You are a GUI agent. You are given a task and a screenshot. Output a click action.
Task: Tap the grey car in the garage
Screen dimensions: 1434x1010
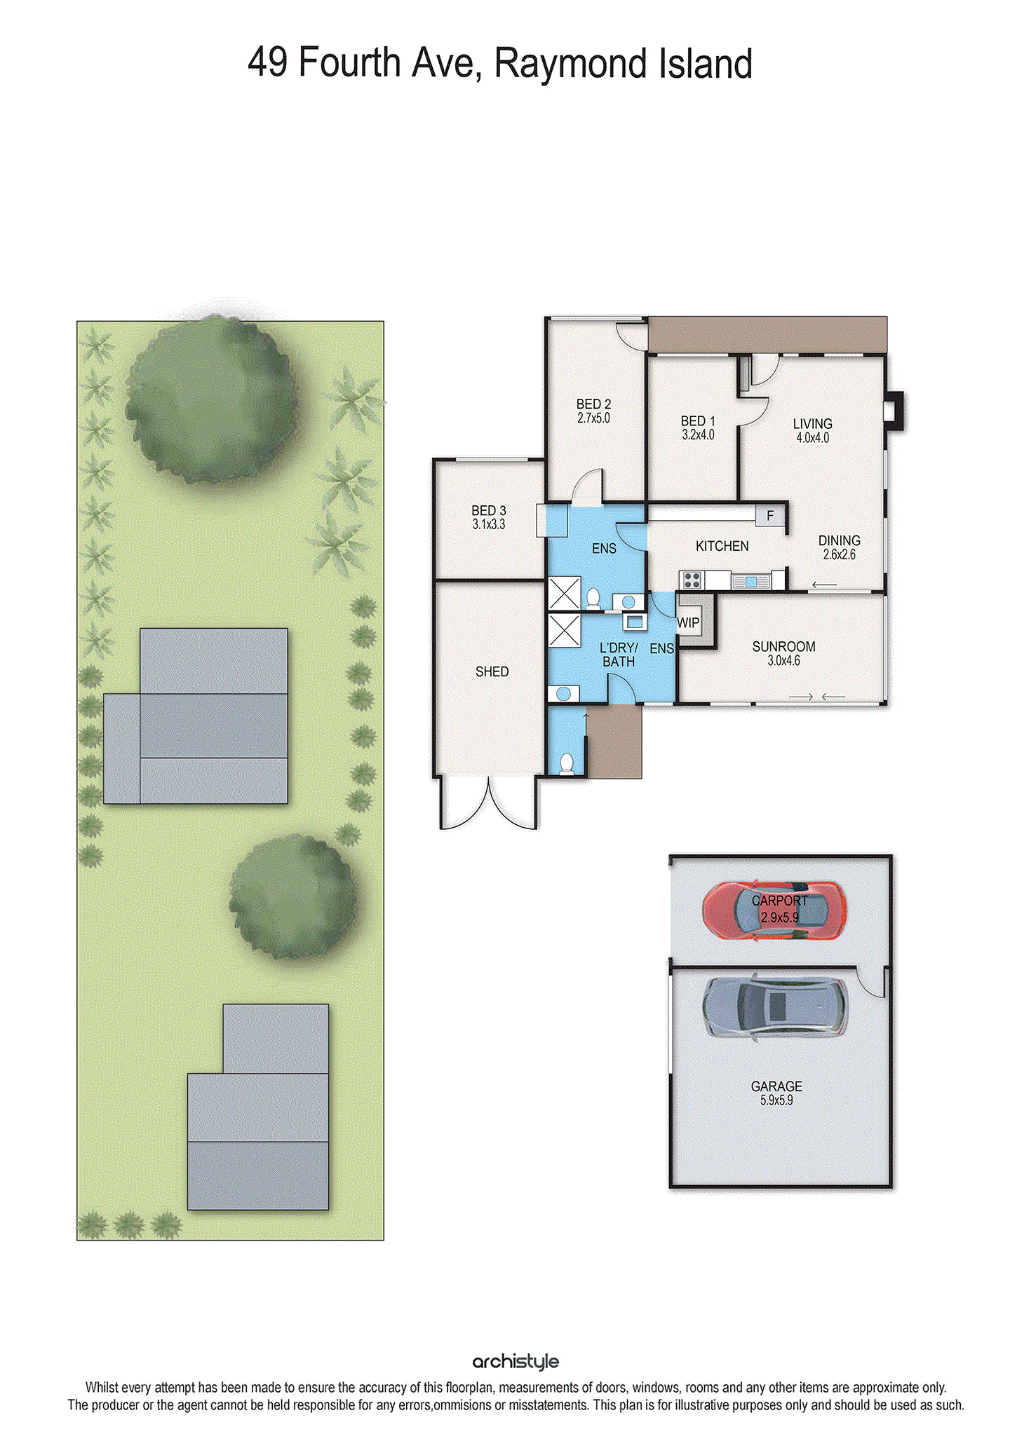point(774,1008)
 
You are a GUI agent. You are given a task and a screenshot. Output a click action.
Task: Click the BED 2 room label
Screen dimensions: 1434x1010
point(593,404)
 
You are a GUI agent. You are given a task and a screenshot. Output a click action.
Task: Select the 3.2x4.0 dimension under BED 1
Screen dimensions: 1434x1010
point(698,435)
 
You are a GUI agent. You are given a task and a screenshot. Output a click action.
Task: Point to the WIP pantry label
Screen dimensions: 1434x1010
point(688,622)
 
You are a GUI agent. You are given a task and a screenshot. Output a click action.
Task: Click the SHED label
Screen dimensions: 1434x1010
point(492,671)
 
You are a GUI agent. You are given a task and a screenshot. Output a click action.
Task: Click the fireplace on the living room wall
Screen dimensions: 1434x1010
point(894,411)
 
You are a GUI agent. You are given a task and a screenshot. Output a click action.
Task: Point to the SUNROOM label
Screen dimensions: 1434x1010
point(783,646)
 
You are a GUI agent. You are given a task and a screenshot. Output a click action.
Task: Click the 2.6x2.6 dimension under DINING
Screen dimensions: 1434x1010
point(839,554)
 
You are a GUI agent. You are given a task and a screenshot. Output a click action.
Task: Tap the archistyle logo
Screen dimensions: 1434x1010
point(516,1361)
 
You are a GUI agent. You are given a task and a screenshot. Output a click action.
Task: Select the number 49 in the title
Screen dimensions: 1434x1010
point(267,62)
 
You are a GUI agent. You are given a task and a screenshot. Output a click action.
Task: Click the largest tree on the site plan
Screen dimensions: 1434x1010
point(209,399)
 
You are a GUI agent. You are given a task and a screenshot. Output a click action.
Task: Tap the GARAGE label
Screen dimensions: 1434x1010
point(776,1086)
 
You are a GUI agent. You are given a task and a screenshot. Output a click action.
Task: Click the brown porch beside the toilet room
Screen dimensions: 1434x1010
point(614,742)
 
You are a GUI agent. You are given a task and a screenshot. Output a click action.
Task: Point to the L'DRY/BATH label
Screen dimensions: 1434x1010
point(618,655)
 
